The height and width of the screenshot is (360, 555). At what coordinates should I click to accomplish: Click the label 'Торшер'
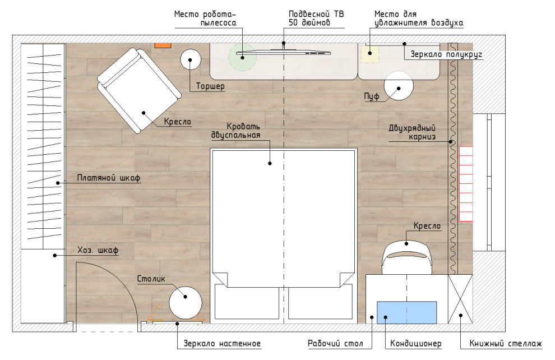click(210, 86)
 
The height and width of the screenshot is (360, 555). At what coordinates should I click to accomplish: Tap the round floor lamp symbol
click(191, 59)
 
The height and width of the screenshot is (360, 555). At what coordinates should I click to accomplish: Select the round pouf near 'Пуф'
click(399, 86)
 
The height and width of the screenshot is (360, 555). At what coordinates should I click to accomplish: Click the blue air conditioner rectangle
click(406, 312)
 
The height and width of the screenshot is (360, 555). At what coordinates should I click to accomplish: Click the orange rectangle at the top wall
click(163, 45)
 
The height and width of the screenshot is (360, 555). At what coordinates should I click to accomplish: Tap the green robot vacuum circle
click(242, 57)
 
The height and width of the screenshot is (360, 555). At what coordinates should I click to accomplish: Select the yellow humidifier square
click(370, 54)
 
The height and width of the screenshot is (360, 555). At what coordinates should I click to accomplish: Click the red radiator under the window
click(466, 184)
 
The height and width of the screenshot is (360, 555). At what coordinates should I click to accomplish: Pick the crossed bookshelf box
click(460, 299)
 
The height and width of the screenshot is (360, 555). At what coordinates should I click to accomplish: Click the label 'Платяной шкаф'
click(109, 178)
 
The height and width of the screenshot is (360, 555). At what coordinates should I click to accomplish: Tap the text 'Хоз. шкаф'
click(98, 250)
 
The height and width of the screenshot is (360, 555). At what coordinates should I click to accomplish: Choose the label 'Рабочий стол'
click(335, 343)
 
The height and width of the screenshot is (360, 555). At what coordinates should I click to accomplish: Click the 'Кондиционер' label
click(415, 343)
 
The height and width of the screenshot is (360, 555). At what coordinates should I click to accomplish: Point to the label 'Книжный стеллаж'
click(506, 343)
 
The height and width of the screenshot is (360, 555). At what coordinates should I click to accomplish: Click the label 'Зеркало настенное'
click(222, 343)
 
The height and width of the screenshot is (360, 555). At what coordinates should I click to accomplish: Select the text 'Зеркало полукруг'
click(446, 54)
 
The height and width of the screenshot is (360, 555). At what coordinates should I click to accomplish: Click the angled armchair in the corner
click(139, 90)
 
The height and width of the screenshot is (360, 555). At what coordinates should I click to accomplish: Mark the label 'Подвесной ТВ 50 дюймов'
click(316, 18)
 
